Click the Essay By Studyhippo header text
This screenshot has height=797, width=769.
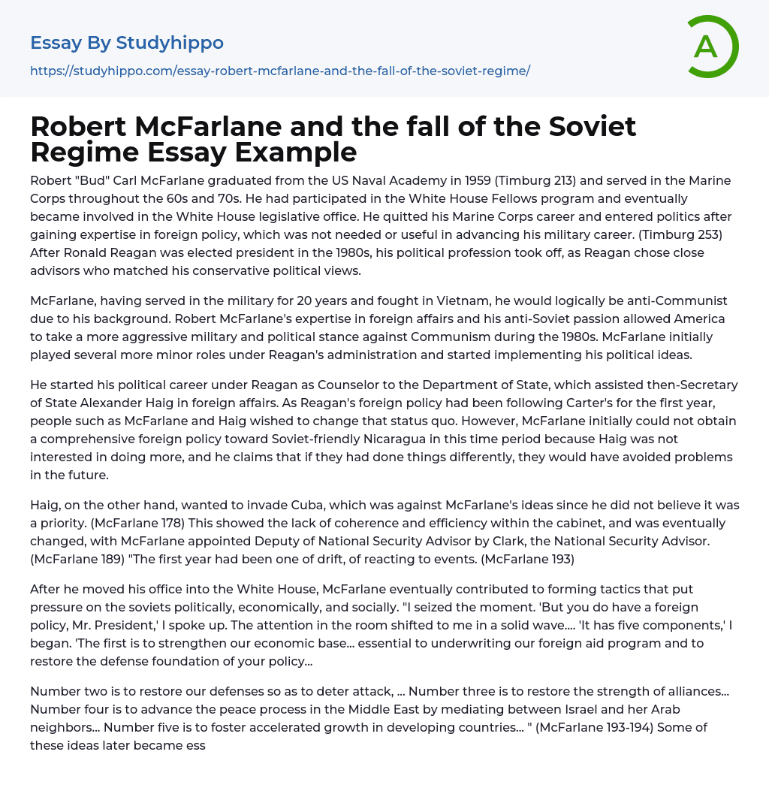tap(127, 44)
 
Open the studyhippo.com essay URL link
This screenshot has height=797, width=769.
tap(280, 71)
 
